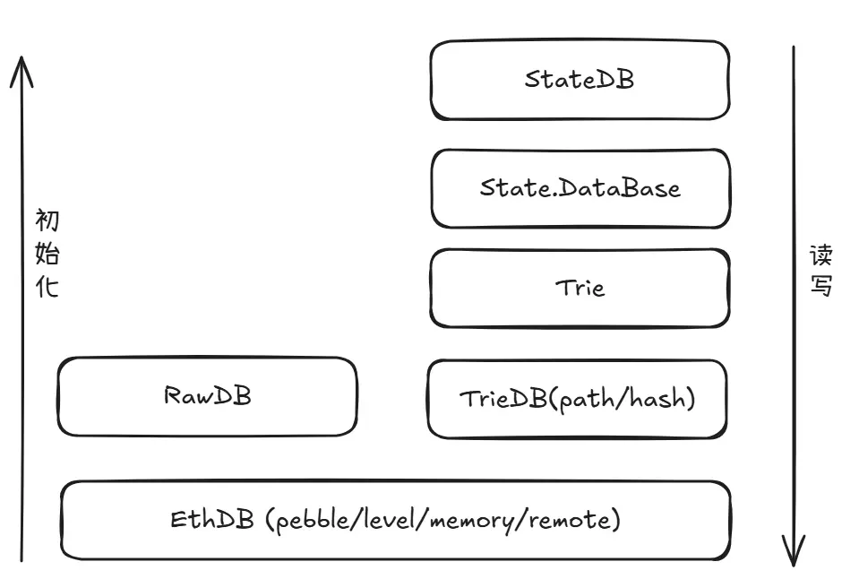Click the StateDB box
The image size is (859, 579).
point(580,80)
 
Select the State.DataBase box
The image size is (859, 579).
point(580,188)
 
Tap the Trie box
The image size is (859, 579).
point(580,288)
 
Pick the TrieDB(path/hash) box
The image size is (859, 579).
point(578,399)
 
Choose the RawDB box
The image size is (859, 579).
point(207,396)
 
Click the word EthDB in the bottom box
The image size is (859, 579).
point(213,520)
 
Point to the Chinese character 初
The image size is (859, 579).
point(47,220)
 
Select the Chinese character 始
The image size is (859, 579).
point(47,255)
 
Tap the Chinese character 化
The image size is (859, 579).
point(47,288)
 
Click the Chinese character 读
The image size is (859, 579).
point(821,256)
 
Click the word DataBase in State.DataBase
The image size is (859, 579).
point(617,188)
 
